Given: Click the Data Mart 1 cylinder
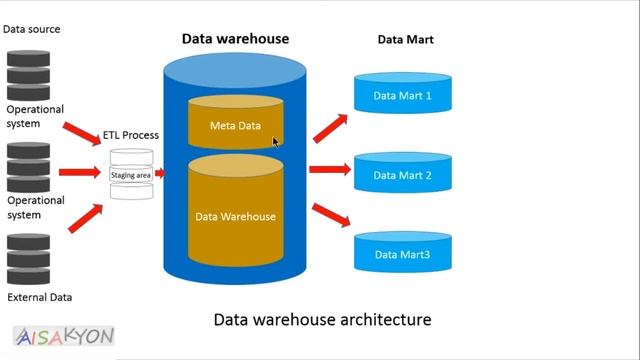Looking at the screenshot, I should pos(402,95).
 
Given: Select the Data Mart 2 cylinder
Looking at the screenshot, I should pos(402,174).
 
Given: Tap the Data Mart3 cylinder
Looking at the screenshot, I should pos(402,254).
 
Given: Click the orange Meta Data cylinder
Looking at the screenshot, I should pos(235,125).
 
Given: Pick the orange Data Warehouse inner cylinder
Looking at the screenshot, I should pos(235,214).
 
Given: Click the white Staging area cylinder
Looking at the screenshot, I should pos(131,175).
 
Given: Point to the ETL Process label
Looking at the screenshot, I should pos(130,135).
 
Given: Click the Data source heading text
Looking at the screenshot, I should pos(31,29).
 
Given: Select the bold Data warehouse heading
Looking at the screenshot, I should pos(235,39).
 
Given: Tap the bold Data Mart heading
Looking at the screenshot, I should pos(404,40).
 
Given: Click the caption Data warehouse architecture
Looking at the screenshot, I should pos(323,320).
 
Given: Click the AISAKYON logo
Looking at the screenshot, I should pos(64,336).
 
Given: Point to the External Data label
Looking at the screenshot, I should pos(39,297).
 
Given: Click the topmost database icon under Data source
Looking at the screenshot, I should pos(28,70).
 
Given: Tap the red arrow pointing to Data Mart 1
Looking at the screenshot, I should pos(330,128).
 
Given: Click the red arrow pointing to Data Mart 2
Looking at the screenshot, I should pos(329,170).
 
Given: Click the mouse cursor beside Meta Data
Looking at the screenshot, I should pos(276,142).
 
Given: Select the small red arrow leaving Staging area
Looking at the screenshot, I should pos(160,174).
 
